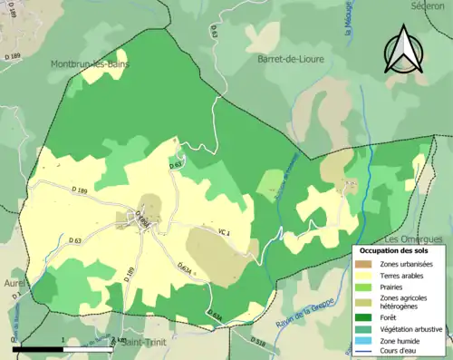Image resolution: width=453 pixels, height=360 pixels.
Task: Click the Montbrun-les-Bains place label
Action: click(x=90, y=64)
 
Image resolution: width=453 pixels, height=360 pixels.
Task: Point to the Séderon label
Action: click(x=428, y=5)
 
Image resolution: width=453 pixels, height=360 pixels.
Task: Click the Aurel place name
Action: click(x=13, y=284)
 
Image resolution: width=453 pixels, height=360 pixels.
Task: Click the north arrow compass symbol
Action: click(x=405, y=50)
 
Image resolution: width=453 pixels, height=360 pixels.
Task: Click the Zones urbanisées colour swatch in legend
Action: click(x=368, y=263)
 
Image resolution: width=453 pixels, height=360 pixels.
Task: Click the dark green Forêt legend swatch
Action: click(x=368, y=317)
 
